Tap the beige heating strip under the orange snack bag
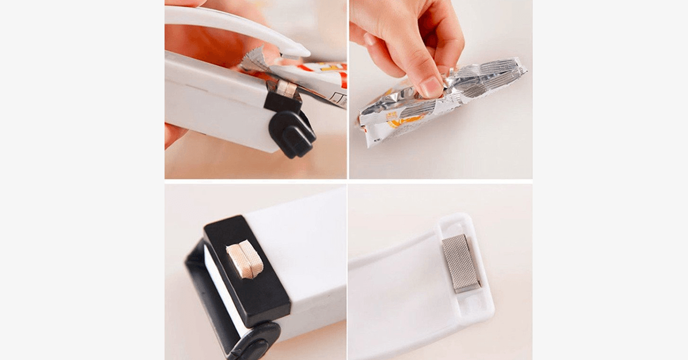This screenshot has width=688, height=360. (286, 88)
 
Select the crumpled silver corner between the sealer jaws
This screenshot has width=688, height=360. (255, 58)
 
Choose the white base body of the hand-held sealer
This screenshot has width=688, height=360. (212, 109)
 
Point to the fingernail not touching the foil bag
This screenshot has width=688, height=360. (369, 39)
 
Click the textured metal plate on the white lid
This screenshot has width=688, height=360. (461, 262)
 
